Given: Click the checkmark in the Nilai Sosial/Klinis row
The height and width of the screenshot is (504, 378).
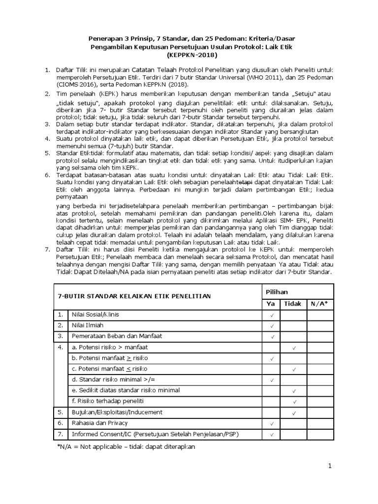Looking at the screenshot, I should [x=272, y=315].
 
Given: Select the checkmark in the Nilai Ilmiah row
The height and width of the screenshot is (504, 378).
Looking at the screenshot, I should [x=272, y=326].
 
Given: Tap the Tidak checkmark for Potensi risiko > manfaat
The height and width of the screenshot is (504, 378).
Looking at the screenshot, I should [x=294, y=348].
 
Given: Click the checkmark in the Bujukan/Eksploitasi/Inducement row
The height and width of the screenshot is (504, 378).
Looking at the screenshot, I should [x=294, y=412].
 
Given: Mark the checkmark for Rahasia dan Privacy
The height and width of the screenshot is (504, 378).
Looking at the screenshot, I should [x=272, y=423].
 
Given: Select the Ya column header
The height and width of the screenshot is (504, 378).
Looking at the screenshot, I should [x=272, y=304].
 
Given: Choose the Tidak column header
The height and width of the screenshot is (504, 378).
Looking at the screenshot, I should [x=293, y=304].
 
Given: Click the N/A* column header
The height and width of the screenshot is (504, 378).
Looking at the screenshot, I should [x=319, y=304].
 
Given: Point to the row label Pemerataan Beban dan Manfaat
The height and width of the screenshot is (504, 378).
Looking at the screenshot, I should [x=111, y=336].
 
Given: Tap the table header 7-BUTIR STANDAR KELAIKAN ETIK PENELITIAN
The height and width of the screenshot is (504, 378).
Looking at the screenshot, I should [x=134, y=296].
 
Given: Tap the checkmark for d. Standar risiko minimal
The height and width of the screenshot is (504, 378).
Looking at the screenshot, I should [x=272, y=380].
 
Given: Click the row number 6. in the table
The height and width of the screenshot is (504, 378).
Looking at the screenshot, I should [x=61, y=423].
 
